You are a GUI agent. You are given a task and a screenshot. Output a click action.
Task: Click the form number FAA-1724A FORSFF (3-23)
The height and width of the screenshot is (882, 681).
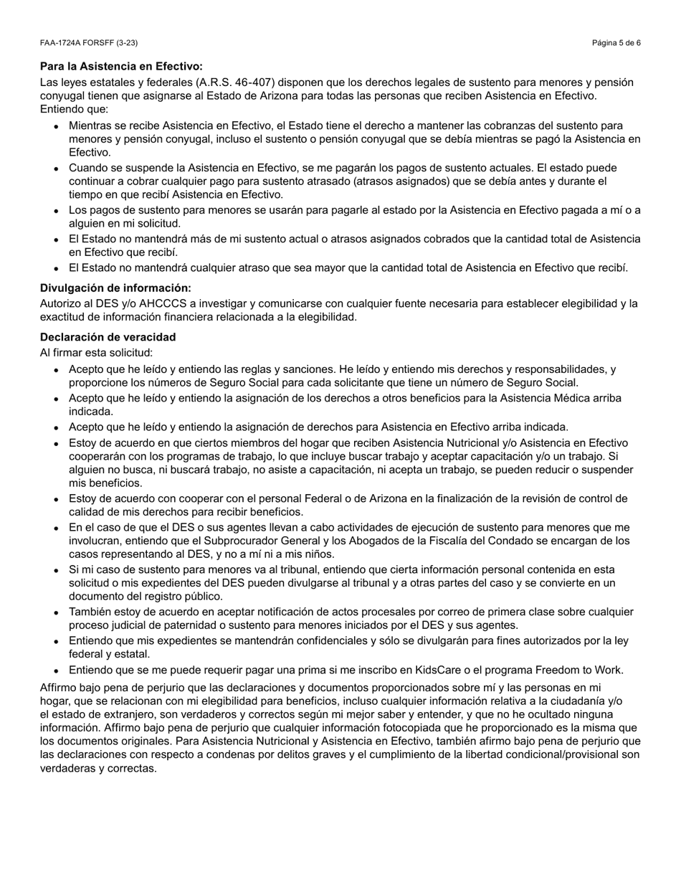[x=89, y=43]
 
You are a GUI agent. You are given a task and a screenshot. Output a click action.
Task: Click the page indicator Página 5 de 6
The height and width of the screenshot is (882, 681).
[x=616, y=43]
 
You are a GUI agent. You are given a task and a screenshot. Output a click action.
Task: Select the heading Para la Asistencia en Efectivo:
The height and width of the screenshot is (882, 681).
[x=121, y=66]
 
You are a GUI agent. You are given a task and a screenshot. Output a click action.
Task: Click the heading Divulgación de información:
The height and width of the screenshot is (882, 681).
[x=115, y=288]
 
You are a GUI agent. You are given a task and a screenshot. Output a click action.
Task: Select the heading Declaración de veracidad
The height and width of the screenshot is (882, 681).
[x=108, y=337]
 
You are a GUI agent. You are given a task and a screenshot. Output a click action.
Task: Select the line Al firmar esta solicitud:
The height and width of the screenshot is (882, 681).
[x=96, y=353]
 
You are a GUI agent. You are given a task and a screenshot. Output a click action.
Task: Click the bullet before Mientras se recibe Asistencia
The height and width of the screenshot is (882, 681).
[x=56, y=126]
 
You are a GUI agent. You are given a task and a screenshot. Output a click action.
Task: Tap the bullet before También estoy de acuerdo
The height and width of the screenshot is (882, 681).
[x=56, y=612]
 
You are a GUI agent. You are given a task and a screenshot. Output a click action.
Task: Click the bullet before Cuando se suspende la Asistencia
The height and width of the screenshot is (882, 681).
[x=56, y=169]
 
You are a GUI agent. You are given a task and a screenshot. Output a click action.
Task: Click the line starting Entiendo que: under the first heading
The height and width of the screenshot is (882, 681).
[x=74, y=109]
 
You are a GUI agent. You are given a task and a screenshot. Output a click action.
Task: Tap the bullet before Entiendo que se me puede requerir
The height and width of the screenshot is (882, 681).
[x=56, y=671]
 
